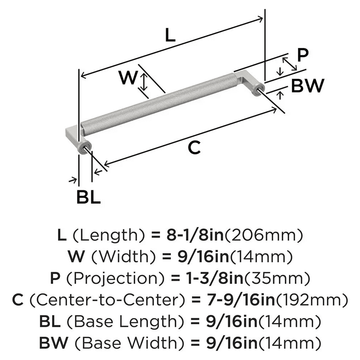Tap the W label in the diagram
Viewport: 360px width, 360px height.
click(128, 78)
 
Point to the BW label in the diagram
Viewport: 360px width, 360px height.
click(307, 86)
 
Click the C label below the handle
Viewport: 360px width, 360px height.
click(194, 148)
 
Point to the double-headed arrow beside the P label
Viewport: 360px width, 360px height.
click(289, 64)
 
